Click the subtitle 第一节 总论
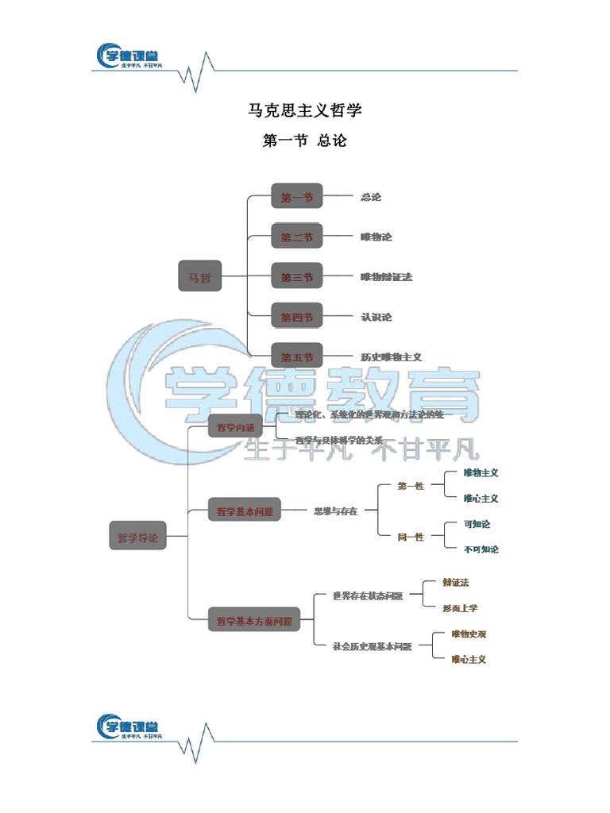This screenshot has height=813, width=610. (305, 141)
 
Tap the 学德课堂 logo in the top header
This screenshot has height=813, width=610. (128, 57)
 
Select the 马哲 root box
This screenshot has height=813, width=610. (200, 275)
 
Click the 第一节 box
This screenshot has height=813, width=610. (297, 196)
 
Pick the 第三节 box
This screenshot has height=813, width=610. (297, 276)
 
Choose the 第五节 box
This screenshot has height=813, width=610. (297, 356)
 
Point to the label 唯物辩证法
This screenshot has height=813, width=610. (387, 277)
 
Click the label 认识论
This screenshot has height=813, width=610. (376, 317)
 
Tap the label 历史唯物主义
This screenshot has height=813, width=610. (391, 357)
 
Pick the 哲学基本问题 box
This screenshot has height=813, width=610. (245, 511)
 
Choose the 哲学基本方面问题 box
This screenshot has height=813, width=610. (254, 621)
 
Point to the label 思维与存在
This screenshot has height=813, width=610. (336, 511)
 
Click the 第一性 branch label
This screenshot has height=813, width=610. (411, 486)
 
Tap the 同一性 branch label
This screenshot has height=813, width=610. (411, 538)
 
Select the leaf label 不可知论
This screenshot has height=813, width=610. (481, 549)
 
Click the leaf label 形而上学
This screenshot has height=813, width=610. (461, 608)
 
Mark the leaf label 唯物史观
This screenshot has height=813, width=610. (469, 634)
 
